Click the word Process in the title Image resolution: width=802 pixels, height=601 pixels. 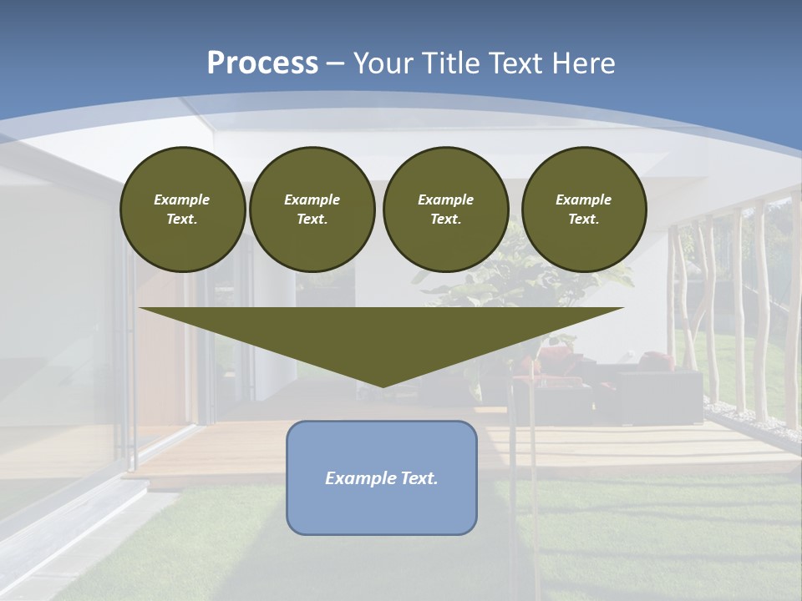coord(262,63)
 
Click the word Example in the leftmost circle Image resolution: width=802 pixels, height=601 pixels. coord(182,199)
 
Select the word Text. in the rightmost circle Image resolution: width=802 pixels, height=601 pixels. coord(583,219)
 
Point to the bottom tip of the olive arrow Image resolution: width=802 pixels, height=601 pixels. coord(382,386)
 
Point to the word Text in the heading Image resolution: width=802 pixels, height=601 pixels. coord(520,63)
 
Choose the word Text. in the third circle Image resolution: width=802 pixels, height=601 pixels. coord(445,219)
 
